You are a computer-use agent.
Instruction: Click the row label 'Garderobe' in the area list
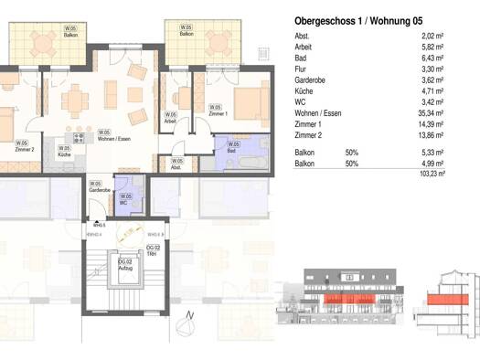311,80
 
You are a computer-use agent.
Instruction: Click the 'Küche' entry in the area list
305,92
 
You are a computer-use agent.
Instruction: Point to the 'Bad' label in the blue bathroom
233,147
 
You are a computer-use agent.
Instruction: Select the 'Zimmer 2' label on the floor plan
24,147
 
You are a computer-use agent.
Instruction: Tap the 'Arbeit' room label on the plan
170,119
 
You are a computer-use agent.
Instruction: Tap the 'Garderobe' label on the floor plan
100,187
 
